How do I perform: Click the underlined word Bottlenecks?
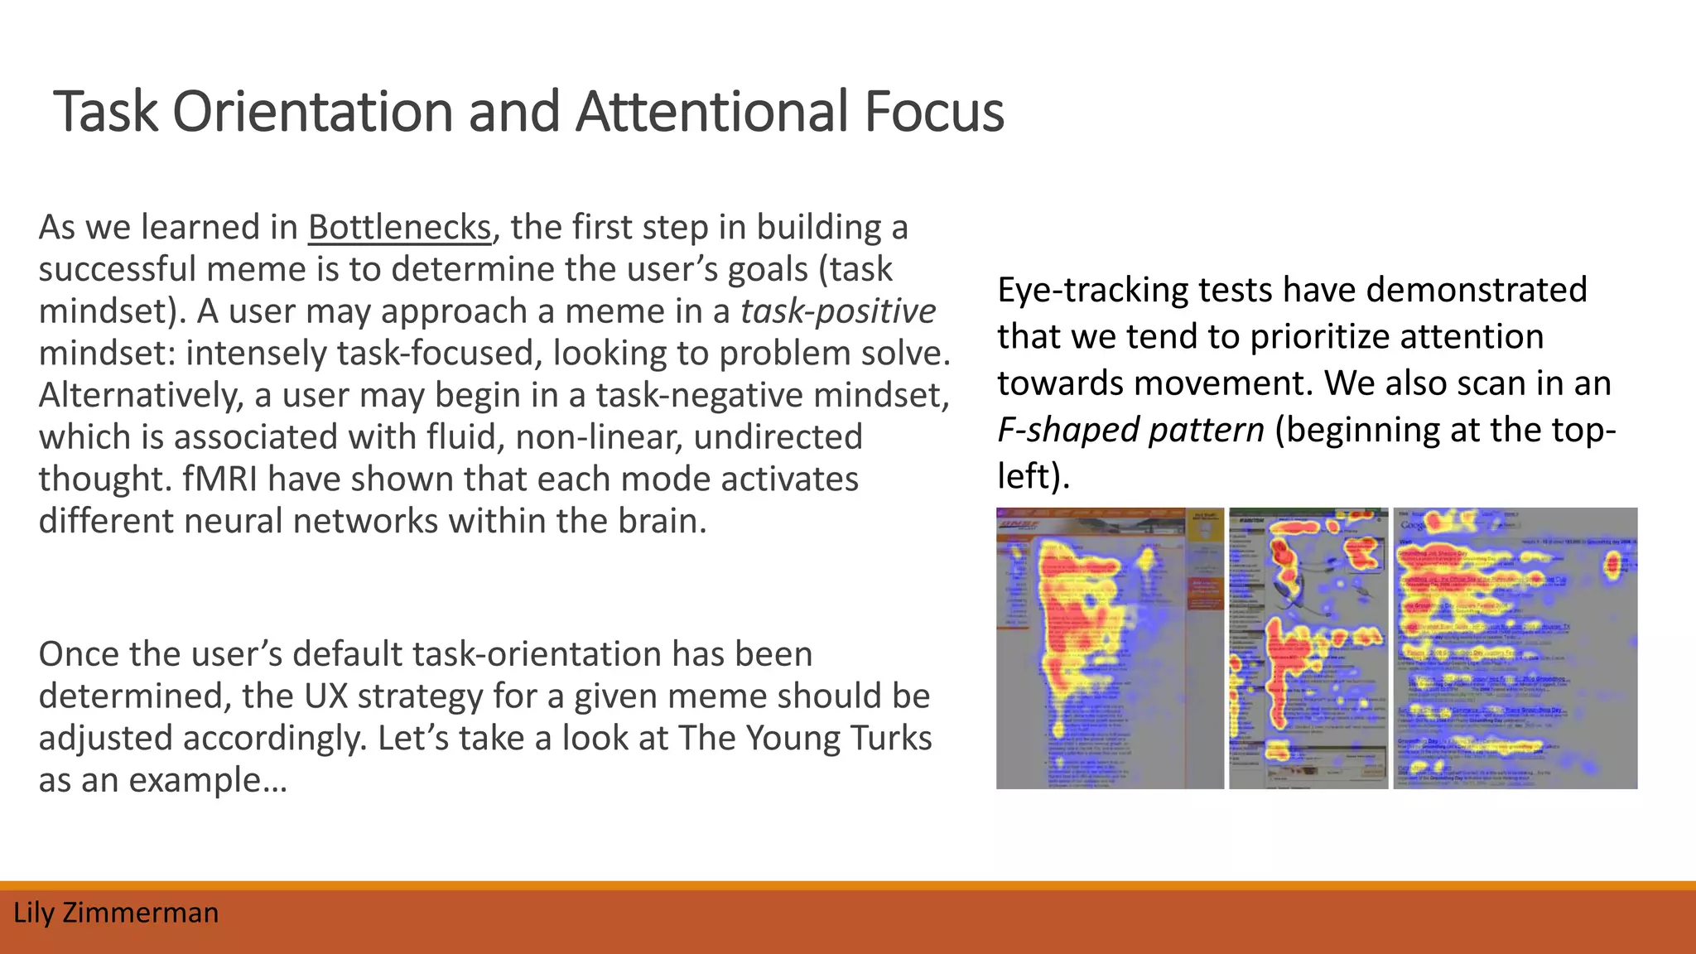[x=400, y=228]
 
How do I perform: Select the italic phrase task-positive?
[x=838, y=312]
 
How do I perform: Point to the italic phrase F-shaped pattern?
[x=1130, y=430]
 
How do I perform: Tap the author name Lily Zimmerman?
[x=116, y=913]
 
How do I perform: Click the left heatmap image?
[x=1109, y=648]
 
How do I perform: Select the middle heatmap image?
[x=1308, y=648]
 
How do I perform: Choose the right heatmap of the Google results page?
[x=1515, y=648]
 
